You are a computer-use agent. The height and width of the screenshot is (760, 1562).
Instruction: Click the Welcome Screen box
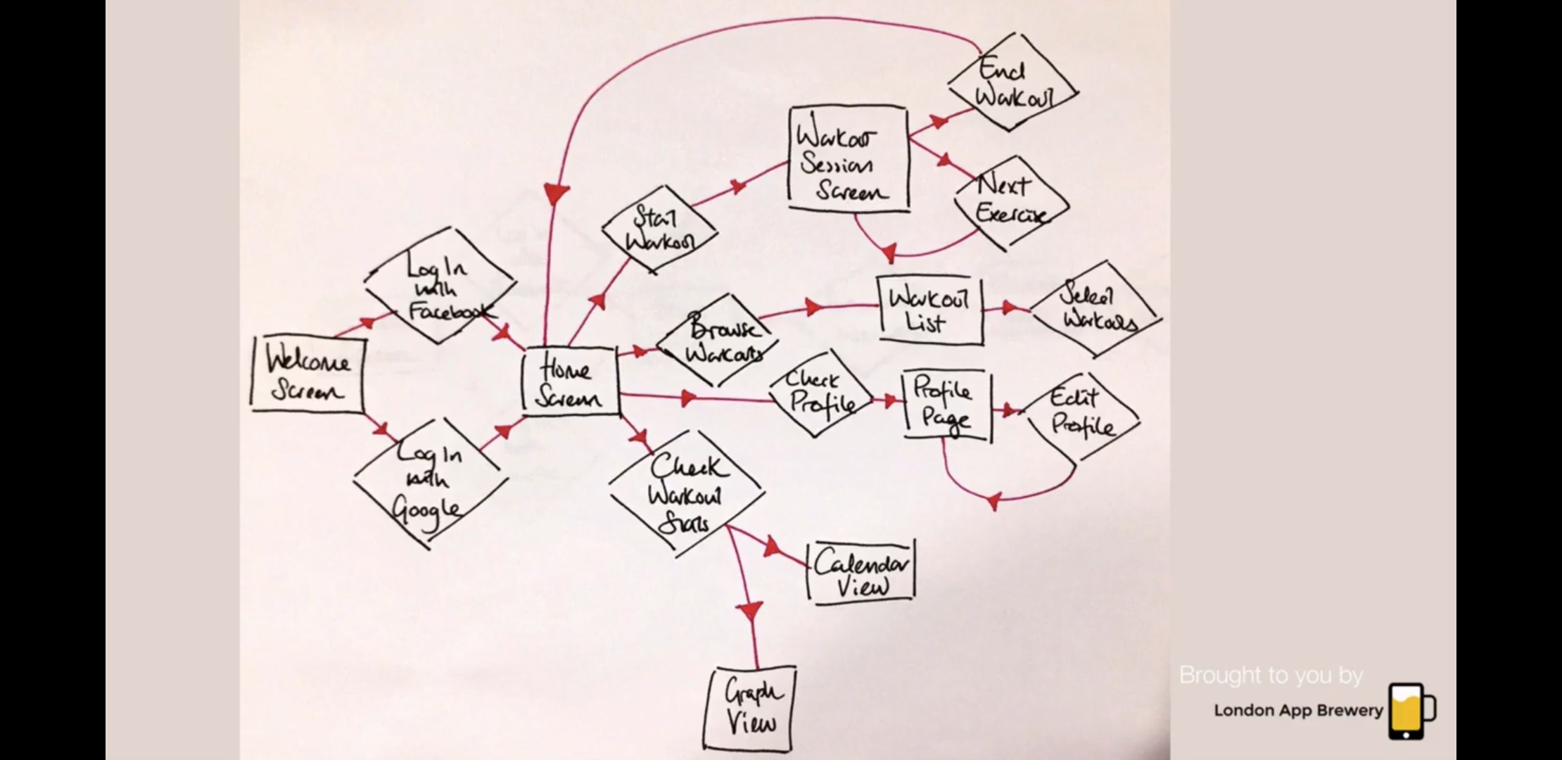click(x=307, y=374)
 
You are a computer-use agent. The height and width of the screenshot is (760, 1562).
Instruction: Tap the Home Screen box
click(x=570, y=382)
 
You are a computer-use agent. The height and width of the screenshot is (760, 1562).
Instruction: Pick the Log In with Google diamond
click(x=430, y=482)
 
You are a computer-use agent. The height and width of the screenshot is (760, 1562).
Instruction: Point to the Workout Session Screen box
click(x=848, y=159)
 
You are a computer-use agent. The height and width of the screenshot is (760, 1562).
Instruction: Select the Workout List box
click(x=929, y=310)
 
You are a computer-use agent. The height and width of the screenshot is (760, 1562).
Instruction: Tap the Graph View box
click(x=750, y=709)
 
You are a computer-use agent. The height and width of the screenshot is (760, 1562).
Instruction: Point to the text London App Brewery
click(x=1298, y=711)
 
